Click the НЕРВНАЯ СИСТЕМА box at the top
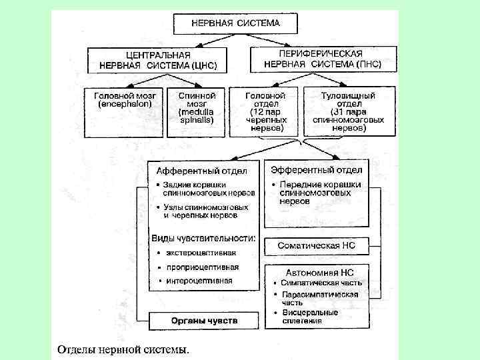(x=235, y=23)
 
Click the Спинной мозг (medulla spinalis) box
(x=192, y=109)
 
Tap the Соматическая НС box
(x=317, y=245)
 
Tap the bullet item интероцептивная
(x=199, y=281)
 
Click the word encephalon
(x=126, y=105)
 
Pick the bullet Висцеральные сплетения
(x=313, y=316)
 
